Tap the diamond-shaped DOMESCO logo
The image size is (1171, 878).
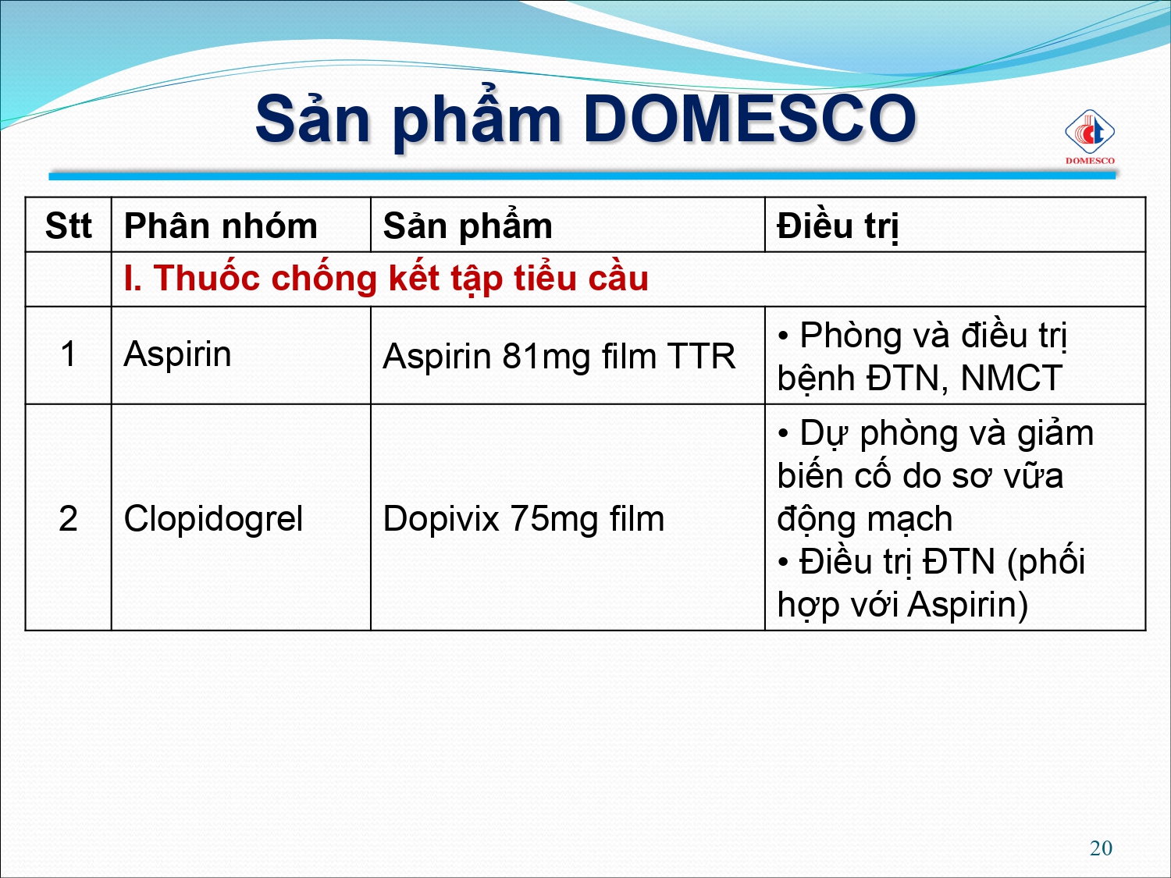click(1089, 132)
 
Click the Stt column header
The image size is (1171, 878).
click(68, 226)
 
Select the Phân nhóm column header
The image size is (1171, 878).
click(221, 226)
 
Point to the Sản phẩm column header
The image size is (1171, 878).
click(468, 226)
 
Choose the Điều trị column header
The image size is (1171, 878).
click(838, 226)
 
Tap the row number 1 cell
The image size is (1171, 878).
click(68, 354)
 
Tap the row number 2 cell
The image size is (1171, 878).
click(68, 518)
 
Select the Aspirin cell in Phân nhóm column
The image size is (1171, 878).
click(178, 354)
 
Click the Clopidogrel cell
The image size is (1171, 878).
click(213, 519)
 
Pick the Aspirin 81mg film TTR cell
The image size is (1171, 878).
click(559, 356)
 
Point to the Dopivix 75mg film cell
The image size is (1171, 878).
click(524, 519)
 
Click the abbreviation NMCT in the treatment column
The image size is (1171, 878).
click(1011, 378)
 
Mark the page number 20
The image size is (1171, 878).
click(1101, 848)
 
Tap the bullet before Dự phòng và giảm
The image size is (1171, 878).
click(783, 434)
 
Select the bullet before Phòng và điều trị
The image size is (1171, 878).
click(783, 336)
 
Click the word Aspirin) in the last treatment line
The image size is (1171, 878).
click(967, 605)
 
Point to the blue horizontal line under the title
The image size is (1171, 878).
click(582, 176)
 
